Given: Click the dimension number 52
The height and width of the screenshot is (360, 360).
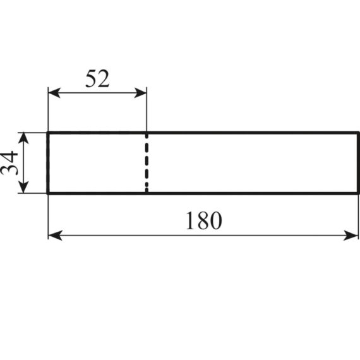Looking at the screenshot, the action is click(97, 78).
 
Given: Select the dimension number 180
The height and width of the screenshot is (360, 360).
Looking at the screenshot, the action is click(203, 220).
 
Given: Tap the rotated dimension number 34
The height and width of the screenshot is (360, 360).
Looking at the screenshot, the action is click(9, 163).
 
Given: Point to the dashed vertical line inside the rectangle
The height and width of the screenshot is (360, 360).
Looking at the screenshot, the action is click(147, 163).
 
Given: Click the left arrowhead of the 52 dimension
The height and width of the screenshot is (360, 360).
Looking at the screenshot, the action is click(54, 93).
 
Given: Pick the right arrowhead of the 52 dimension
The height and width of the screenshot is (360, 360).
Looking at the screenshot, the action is click(140, 93).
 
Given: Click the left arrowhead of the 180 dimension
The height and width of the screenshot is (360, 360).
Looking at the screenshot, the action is click(55, 236).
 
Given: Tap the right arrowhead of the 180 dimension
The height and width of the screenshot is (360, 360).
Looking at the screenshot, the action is click(351, 236).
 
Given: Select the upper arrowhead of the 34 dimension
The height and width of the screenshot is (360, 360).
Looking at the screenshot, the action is click(23, 138).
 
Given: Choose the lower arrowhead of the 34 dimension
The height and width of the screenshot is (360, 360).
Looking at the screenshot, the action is click(23, 188).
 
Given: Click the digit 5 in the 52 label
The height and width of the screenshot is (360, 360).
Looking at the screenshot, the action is click(91, 78).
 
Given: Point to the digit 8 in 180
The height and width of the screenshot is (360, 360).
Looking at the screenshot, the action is click(203, 220).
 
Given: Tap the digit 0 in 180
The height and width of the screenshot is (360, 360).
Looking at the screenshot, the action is click(216, 220).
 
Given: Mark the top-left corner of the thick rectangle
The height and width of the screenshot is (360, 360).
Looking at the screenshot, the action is click(48, 133).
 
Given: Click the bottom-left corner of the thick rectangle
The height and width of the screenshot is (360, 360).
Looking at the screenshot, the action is click(48, 193).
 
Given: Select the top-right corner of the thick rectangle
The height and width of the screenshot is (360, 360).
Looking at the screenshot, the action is click(358, 133).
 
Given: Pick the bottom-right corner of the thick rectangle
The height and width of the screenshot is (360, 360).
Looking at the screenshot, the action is click(358, 193).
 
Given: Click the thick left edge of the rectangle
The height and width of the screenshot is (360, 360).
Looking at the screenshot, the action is click(48, 163).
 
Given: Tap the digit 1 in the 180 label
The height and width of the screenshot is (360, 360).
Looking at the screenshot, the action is click(191, 220).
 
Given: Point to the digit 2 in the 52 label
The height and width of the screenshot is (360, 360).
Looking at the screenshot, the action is click(104, 78).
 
